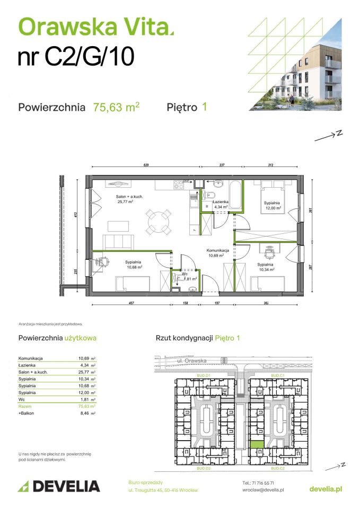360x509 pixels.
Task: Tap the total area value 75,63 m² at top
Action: [x=116, y=107]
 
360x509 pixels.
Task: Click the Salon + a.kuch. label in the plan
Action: [x=129, y=197]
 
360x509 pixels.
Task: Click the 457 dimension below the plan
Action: [x=130, y=304]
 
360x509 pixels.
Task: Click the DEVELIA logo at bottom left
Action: [x=59, y=486]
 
